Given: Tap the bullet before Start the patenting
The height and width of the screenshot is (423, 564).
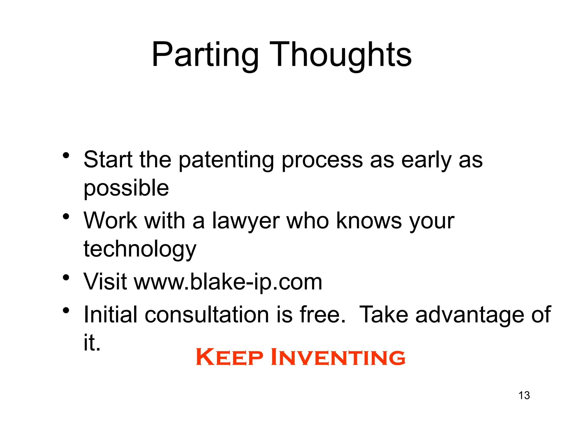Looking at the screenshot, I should [x=66, y=156].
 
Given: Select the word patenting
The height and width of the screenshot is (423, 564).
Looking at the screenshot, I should [x=226, y=160].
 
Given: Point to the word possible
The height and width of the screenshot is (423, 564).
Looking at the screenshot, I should [x=126, y=188].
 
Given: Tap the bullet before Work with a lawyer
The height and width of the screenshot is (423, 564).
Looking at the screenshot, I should [x=66, y=216].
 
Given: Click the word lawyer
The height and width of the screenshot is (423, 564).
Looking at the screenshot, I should [x=246, y=221].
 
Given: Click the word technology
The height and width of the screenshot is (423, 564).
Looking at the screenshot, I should [x=140, y=249].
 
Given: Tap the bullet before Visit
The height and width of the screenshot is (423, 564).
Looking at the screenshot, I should [x=66, y=277].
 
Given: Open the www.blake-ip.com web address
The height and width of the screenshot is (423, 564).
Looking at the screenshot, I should [x=228, y=282].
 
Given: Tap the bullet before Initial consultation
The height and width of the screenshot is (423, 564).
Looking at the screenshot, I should [x=66, y=311].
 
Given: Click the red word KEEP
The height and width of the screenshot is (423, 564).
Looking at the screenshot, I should [x=229, y=357].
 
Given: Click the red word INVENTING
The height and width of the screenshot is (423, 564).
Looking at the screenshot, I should [x=338, y=357].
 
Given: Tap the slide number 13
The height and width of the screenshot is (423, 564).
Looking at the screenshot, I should [x=524, y=395].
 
